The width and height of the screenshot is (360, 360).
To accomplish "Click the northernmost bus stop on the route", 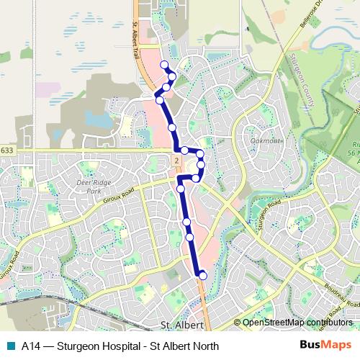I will (165, 66).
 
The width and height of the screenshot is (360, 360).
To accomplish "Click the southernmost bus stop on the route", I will (202, 275).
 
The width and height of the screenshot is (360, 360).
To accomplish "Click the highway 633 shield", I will (6, 150).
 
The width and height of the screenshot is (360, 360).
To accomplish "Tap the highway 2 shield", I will (175, 158).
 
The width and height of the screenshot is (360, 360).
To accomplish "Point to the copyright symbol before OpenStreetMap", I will (238, 323).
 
